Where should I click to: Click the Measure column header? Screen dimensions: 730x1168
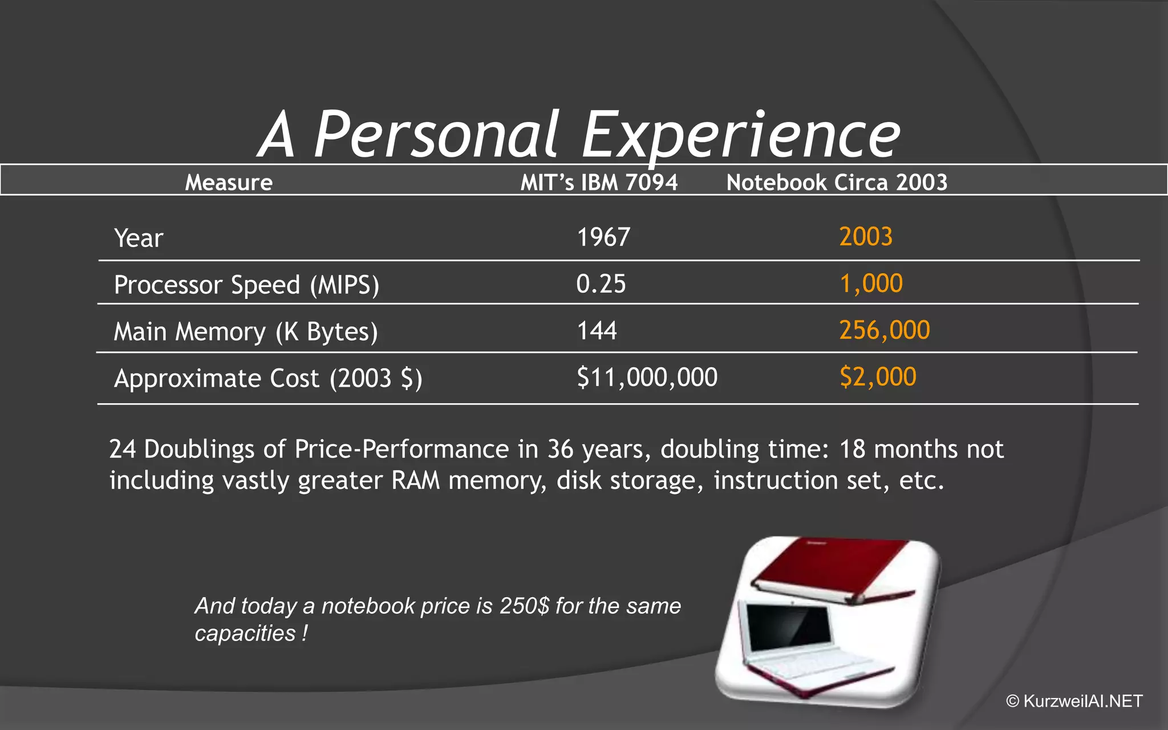point(229,182)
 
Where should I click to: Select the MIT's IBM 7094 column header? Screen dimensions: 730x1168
point(599,182)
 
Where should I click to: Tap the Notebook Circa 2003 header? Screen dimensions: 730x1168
point(837,182)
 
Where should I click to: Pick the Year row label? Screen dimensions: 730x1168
point(139,238)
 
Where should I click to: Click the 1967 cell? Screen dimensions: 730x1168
point(603,237)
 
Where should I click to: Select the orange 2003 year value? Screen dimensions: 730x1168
point(866,237)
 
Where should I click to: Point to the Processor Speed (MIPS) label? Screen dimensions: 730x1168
point(246,285)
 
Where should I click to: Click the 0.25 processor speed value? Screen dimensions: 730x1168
point(601,284)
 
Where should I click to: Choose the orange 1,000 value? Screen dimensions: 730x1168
point(871,283)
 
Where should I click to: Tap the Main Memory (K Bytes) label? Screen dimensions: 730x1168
point(246,332)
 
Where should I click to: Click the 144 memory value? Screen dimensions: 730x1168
point(597,331)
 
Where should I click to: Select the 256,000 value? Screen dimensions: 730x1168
point(885,330)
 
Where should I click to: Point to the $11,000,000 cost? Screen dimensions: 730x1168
point(647,378)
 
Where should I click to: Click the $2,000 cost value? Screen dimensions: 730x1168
point(878,377)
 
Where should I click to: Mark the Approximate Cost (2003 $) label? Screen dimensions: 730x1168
point(268,379)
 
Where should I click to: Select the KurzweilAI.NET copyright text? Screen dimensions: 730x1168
point(1075,701)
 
